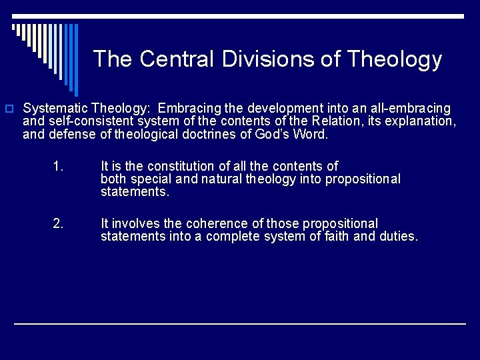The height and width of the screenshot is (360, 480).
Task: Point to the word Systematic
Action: (56, 108)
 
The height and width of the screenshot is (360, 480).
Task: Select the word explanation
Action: (420, 121)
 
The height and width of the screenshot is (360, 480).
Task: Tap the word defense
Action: (71, 134)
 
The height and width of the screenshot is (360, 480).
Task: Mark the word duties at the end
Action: (398, 236)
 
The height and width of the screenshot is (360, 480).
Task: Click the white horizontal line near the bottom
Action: (240, 323)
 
